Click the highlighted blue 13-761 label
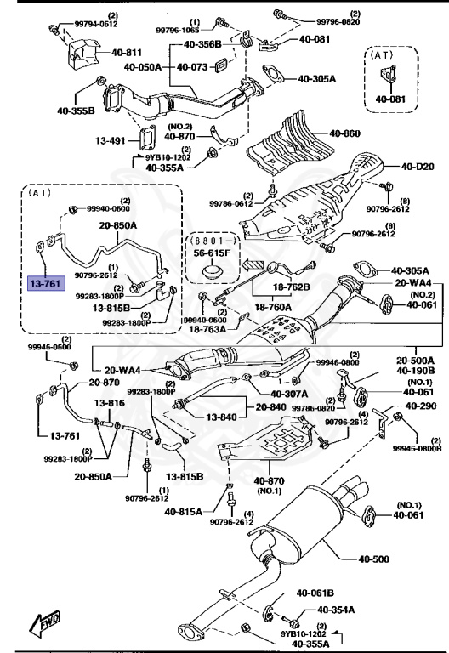point(45,282)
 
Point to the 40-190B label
point(414,371)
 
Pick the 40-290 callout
point(420,406)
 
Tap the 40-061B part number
point(315,593)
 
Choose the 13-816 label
point(110,402)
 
